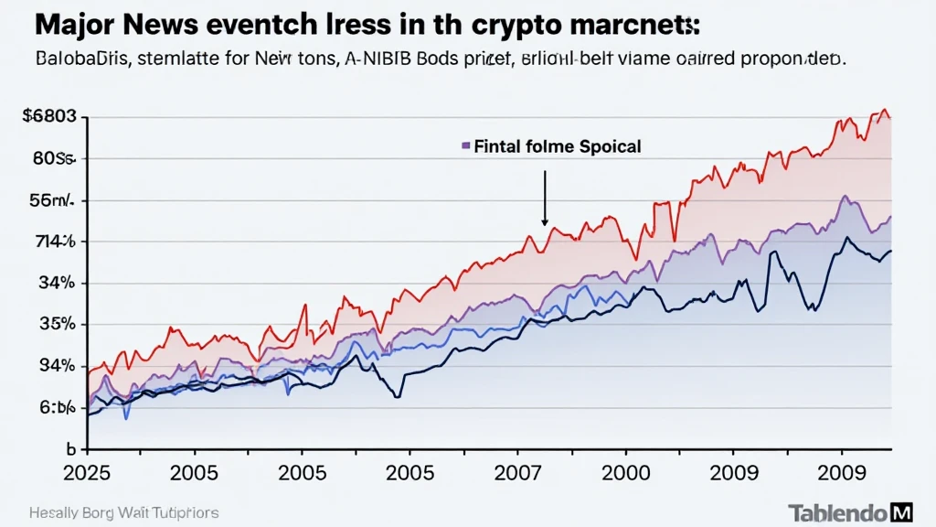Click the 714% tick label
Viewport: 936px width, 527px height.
click(43, 242)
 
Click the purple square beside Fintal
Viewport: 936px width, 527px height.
click(466, 145)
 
